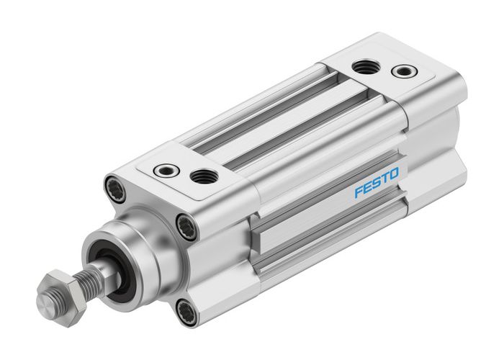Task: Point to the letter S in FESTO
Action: click(373, 189)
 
